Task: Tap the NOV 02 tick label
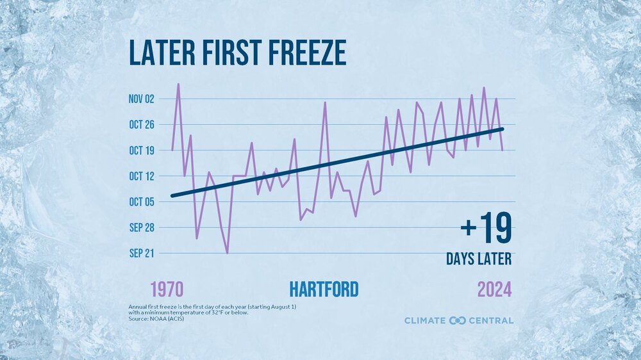tap(142, 99)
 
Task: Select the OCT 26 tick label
tap(142, 124)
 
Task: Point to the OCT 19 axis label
tap(142, 151)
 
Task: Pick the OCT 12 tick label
tap(142, 176)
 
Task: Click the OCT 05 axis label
tap(142, 202)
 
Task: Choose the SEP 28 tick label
tap(142, 227)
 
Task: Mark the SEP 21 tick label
tap(142, 253)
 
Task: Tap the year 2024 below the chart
tap(494, 290)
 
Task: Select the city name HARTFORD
tap(324, 290)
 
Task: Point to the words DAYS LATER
tap(479, 259)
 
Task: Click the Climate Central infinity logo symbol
tap(457, 320)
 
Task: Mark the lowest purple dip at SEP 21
tap(227, 253)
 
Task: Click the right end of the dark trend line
tap(503, 129)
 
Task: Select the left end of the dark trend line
tap(172, 196)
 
